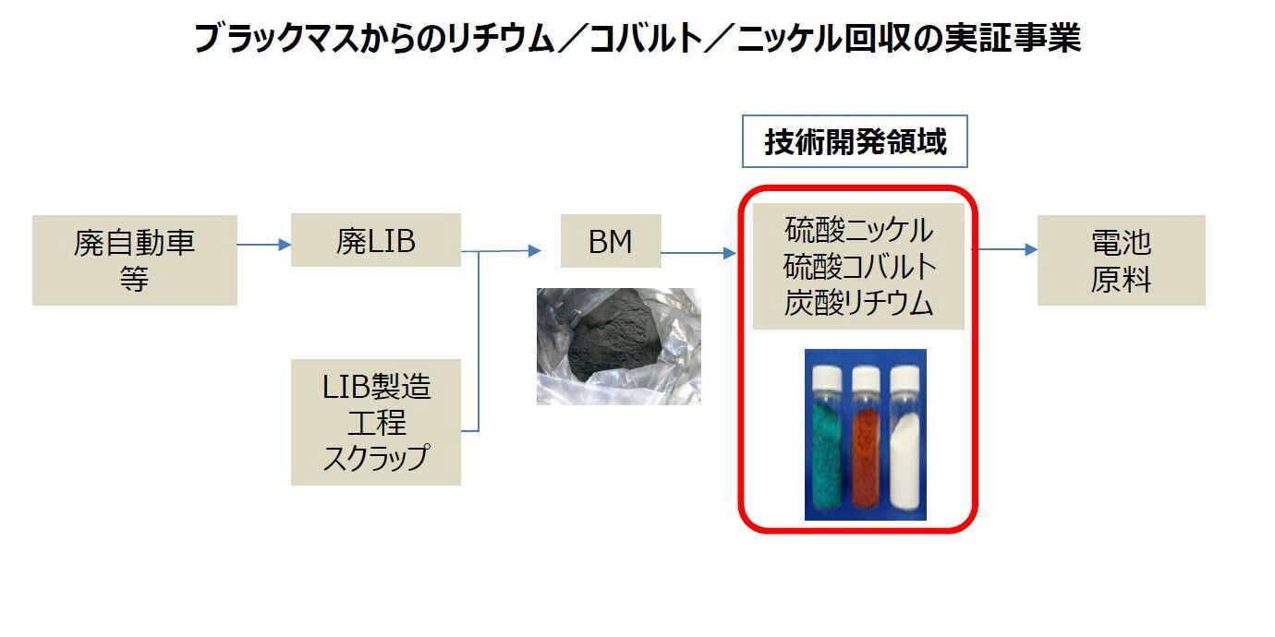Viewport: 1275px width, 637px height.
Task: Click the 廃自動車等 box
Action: click(135, 260)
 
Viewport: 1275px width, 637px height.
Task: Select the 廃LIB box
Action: click(375, 241)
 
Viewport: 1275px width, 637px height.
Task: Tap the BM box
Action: click(611, 242)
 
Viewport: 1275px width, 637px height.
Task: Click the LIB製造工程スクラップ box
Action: click(375, 422)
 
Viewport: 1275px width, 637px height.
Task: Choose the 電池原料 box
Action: click(1121, 260)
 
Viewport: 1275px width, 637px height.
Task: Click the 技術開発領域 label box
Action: click(855, 141)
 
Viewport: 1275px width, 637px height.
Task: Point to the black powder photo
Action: click(618, 346)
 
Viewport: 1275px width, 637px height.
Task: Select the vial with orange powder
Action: click(865, 439)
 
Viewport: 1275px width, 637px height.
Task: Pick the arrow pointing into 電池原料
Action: click(1006, 249)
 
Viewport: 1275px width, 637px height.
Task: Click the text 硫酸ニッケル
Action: click(858, 228)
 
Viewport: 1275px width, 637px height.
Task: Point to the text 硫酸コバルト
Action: click(858, 267)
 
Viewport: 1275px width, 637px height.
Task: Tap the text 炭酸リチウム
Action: click(858, 305)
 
